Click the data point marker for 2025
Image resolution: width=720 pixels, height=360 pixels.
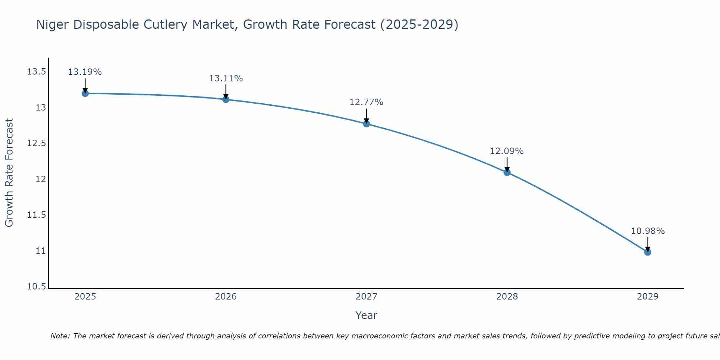pyautogui.click(x=85, y=94)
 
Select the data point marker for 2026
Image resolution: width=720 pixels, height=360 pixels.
pyautogui.click(x=226, y=99)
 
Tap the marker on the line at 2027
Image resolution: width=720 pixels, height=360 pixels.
pyautogui.click(x=366, y=124)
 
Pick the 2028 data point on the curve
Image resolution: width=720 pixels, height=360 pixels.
pyautogui.click(x=507, y=172)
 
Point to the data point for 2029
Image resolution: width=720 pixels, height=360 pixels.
pyautogui.click(x=648, y=252)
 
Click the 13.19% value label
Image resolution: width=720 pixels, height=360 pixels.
pyautogui.click(x=85, y=72)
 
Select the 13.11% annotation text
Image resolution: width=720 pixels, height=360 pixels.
pyautogui.click(x=226, y=78)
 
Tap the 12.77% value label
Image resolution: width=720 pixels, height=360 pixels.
pyautogui.click(x=366, y=102)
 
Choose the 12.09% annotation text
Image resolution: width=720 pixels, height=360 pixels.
pyautogui.click(x=507, y=151)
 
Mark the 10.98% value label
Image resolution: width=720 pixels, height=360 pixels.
pyautogui.click(x=648, y=231)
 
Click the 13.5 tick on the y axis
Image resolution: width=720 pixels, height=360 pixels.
pyautogui.click(x=37, y=72)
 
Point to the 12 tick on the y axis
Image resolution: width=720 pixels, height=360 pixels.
pyautogui.click(x=41, y=179)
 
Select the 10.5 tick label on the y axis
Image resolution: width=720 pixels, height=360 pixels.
pyautogui.click(x=37, y=287)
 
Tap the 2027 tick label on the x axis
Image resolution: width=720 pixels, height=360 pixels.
pyautogui.click(x=366, y=297)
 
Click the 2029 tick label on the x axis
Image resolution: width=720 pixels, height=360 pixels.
pyautogui.click(x=648, y=297)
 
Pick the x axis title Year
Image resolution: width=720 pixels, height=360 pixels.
pyautogui.click(x=366, y=315)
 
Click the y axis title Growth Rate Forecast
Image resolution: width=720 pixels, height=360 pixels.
pyautogui.click(x=9, y=173)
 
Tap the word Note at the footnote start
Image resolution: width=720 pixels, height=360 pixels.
pyautogui.click(x=60, y=336)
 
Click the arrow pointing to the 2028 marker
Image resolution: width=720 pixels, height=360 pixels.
pyautogui.click(x=507, y=164)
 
